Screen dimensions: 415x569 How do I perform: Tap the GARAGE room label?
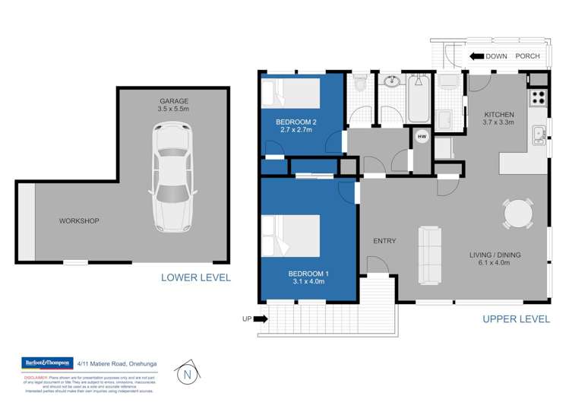click(173, 101)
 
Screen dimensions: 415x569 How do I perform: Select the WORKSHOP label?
click(79, 221)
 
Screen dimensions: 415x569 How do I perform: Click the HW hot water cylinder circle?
click(422, 137)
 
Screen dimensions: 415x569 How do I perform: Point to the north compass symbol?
click(186, 373)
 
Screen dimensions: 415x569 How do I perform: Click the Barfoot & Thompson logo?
click(47, 363)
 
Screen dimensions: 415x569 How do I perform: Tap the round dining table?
click(518, 213)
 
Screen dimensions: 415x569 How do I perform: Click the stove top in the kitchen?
click(537, 97)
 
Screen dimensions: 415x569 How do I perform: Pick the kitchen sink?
click(538, 135)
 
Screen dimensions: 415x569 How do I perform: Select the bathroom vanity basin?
click(391, 81)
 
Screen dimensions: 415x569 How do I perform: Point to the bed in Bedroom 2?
click(290, 95)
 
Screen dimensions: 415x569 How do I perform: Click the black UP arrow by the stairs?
click(260, 319)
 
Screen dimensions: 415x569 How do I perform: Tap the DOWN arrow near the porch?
click(476, 55)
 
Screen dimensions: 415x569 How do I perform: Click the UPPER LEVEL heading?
click(516, 319)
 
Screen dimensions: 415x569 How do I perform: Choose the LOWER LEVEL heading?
click(195, 277)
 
